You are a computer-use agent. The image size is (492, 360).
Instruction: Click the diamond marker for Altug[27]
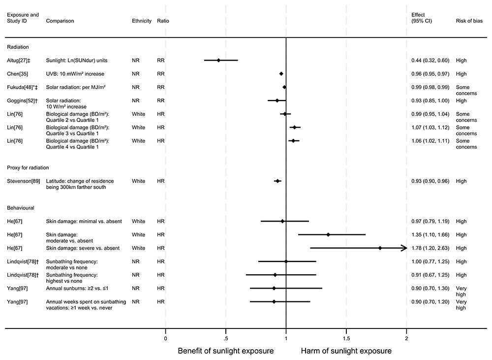(x=218, y=61)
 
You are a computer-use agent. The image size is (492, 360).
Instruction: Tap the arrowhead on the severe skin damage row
(x=404, y=248)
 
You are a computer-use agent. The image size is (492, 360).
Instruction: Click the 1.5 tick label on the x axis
(x=346, y=338)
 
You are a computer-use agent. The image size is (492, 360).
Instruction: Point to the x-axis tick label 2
(x=406, y=338)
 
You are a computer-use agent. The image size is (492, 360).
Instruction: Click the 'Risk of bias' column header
(x=469, y=21)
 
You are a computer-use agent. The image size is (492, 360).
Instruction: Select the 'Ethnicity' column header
(x=142, y=21)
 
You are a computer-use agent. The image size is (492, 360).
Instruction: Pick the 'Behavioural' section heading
(x=21, y=208)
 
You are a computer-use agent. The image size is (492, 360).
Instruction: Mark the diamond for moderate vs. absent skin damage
(x=328, y=235)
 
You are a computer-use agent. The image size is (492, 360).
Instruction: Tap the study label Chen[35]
(x=17, y=74)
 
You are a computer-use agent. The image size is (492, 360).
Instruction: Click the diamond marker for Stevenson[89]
(x=277, y=181)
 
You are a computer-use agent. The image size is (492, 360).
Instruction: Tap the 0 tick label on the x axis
(x=165, y=338)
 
